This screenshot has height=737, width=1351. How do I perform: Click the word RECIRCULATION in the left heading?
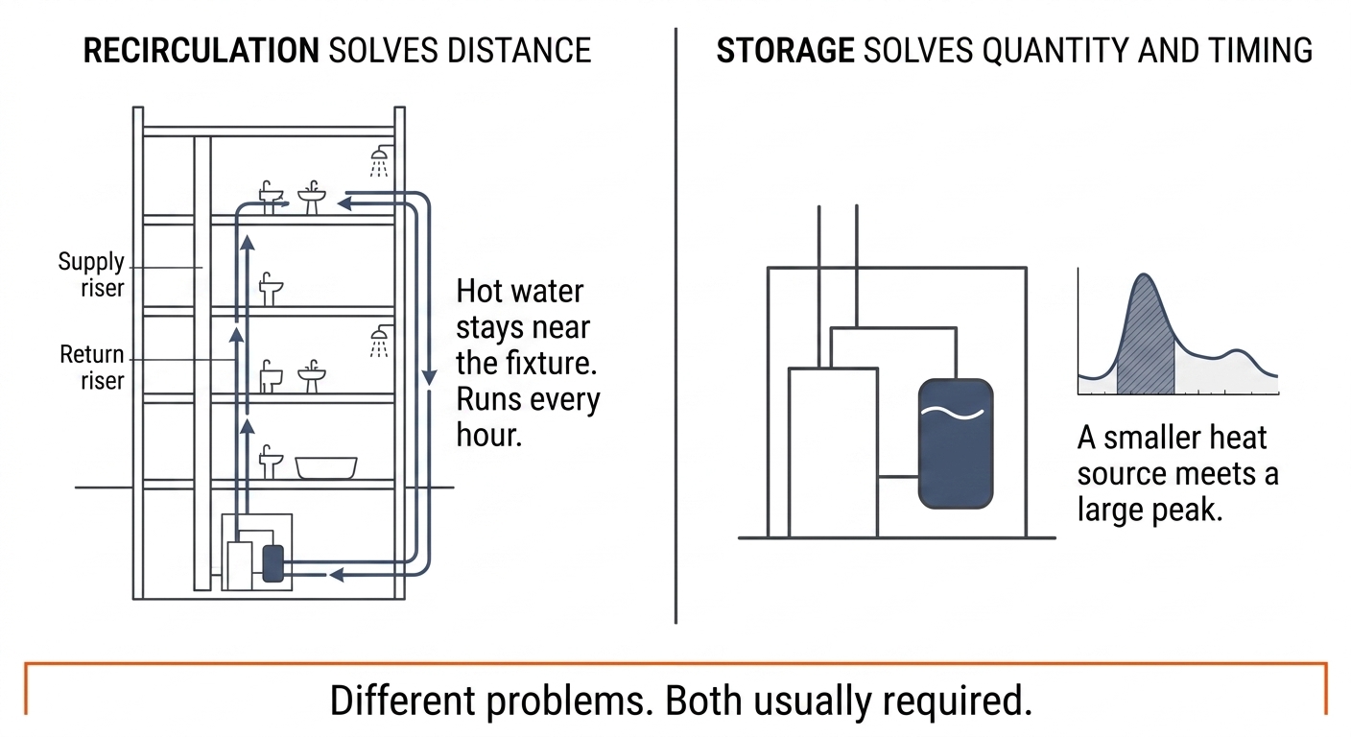pyautogui.click(x=201, y=51)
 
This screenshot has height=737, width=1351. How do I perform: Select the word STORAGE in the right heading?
pyautogui.click(x=785, y=51)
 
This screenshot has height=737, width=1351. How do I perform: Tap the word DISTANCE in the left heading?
pyautogui.click(x=519, y=51)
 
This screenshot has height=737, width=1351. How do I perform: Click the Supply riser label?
pyautogui.click(x=91, y=274)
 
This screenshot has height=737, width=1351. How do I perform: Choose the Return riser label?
pyautogui.click(x=92, y=368)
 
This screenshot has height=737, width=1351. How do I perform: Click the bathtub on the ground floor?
pyautogui.click(x=325, y=468)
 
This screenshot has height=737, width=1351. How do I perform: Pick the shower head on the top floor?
pyautogui.click(x=379, y=161)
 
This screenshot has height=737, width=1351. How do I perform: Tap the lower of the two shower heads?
pyautogui.click(x=379, y=342)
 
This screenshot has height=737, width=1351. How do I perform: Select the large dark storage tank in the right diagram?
pyautogui.click(x=956, y=443)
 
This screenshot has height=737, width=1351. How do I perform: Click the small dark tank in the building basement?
pyautogui.click(x=273, y=563)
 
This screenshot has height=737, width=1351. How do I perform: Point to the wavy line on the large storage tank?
pyautogui.click(x=953, y=414)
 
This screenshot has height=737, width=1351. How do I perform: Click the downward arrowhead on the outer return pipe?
pyautogui.click(x=429, y=377)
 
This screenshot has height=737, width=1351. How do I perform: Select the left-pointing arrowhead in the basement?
pyautogui.click(x=337, y=575)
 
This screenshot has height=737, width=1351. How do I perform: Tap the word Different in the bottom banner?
pyautogui.click(x=402, y=701)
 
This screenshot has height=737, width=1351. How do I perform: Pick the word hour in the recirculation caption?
pyautogui.click(x=488, y=435)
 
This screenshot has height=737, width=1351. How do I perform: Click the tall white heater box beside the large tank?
pyautogui.click(x=833, y=452)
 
